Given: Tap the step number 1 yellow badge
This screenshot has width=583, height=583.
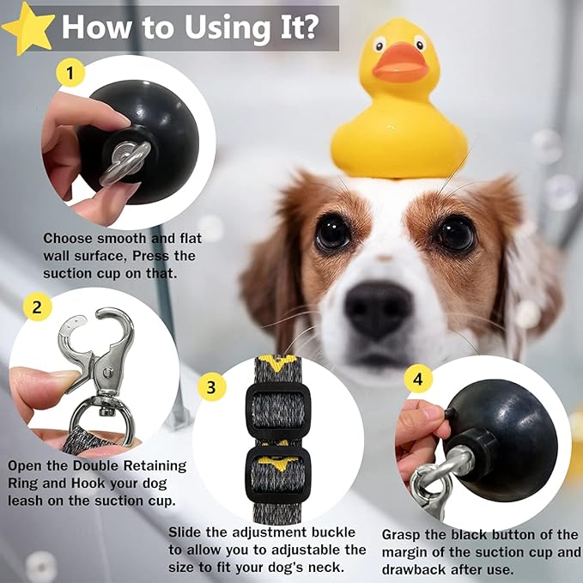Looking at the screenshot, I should pos(71,74).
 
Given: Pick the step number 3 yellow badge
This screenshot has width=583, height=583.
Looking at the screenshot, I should pos(211,386).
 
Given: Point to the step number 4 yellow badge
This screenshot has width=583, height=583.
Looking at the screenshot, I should pos(418,378).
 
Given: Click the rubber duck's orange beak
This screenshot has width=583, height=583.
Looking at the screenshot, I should pos(399,63).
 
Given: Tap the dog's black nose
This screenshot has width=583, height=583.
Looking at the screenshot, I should pos(378,308).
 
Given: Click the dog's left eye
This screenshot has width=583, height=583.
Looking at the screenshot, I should pos(332,232).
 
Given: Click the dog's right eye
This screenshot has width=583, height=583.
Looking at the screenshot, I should pos(456,233).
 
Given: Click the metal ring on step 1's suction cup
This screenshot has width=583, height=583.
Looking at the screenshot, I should pos(124,163).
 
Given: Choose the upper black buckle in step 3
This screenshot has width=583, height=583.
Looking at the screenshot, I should pos(277,408).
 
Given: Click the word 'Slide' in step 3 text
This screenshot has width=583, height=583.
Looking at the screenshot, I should pos(188,532).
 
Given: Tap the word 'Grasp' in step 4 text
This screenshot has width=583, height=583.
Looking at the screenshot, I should pos(404,535).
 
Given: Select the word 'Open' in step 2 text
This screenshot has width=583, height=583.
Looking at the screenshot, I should pos(27,465).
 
